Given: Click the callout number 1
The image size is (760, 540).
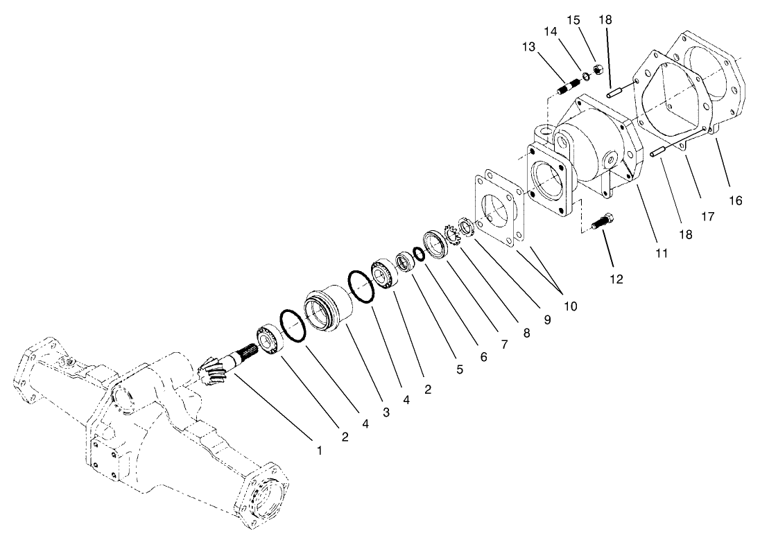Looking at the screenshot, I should pyautogui.click(x=320, y=450).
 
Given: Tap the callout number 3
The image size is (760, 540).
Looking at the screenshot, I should pyautogui.click(x=385, y=412).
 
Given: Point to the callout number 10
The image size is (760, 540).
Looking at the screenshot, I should pyautogui.click(x=571, y=305).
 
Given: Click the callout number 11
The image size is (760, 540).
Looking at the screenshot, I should pyautogui.click(x=662, y=253).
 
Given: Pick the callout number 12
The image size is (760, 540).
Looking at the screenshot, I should pyautogui.click(x=616, y=279).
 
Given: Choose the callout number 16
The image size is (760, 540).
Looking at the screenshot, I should pyautogui.click(x=735, y=201).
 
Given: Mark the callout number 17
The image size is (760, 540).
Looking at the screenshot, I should pyautogui.click(x=707, y=217).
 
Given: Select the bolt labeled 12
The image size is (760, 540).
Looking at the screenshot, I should pyautogui.click(x=601, y=221).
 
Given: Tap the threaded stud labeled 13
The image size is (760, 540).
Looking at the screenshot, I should pyautogui.click(x=567, y=89).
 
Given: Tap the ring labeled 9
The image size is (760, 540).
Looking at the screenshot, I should pyautogui.click(x=466, y=226).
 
